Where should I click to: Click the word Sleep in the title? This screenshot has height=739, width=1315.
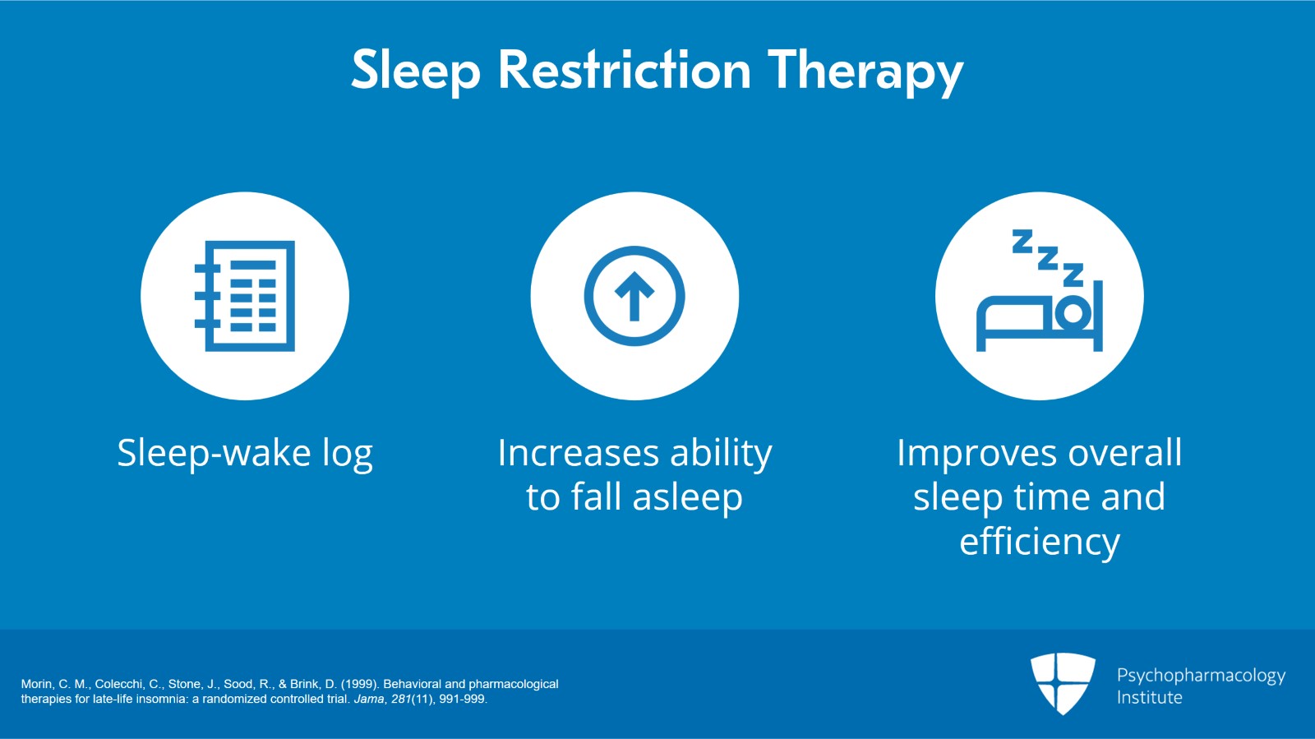[416, 72]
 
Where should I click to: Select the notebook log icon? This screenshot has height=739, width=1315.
[245, 296]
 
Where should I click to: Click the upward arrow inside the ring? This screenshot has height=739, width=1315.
[634, 297]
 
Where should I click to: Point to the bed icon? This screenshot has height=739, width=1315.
[1039, 316]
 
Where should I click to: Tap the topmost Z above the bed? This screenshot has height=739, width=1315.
[1022, 241]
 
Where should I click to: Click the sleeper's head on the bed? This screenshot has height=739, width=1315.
[1073, 313]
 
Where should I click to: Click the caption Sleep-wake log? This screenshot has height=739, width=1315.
[245, 454]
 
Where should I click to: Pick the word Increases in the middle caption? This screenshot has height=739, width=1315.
[579, 453]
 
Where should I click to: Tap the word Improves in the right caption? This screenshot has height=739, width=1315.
[977, 454]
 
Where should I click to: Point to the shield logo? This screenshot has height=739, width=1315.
[1064, 683]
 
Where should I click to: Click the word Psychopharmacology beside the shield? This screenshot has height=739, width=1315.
[1201, 677]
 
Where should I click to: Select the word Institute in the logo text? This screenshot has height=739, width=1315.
[1150, 697]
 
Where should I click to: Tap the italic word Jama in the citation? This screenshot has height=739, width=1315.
[370, 699]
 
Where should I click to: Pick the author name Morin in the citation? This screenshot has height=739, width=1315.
[38, 684]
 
